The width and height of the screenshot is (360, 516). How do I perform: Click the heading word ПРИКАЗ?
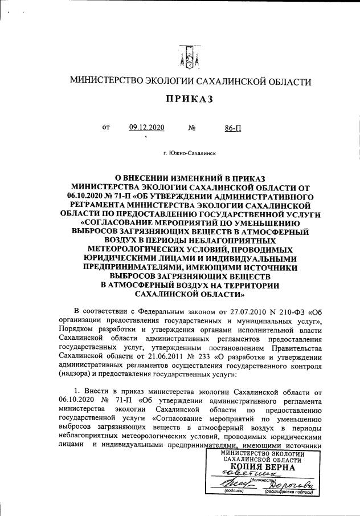coord(189,99)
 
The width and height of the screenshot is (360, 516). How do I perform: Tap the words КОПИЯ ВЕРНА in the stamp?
coord(263,467)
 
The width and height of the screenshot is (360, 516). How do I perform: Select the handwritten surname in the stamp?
coord(284,482)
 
